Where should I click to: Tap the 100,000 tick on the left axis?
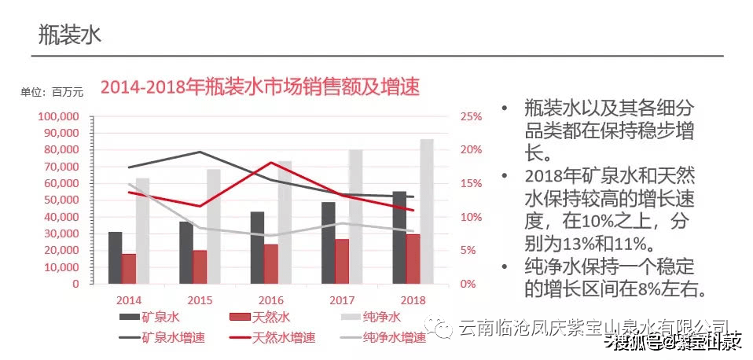pos(58,116)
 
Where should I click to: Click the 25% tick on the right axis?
pos(471,116)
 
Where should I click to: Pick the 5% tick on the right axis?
pos(468,251)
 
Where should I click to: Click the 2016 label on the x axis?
pos(270,300)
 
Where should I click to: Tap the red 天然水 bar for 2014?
pos(129,268)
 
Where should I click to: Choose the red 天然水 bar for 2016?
pos(270,263)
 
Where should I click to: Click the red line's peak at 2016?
pos(271,163)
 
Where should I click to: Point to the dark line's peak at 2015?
pos(200,152)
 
